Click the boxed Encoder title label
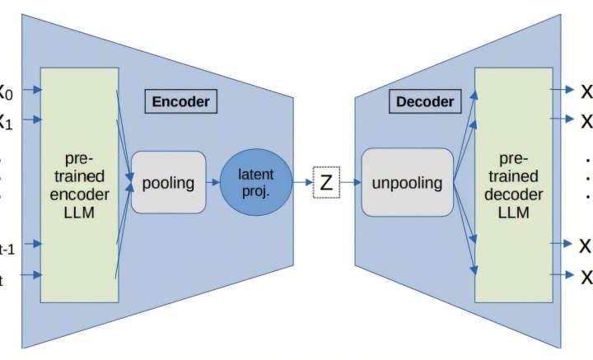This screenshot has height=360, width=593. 180,102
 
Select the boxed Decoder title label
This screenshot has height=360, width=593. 425,102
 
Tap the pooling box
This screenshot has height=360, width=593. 168,183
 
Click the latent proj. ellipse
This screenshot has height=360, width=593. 255,182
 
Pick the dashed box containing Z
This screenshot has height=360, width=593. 326,183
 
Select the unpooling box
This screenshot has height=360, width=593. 408,183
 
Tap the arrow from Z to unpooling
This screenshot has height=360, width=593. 351,183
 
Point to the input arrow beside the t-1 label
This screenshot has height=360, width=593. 29,244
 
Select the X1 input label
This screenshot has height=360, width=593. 6,121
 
